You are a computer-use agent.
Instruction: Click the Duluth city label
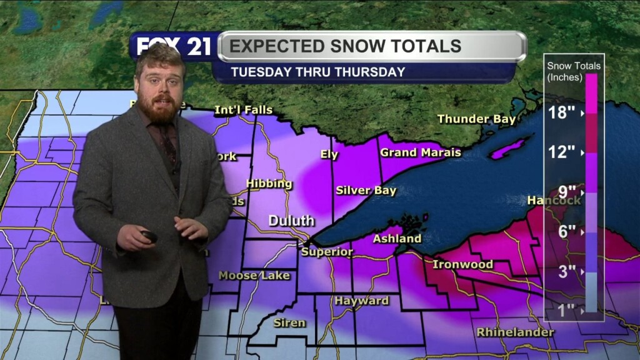(x=291, y=221)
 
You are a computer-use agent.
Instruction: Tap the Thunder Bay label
(x=476, y=119)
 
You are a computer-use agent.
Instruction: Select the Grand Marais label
(x=421, y=152)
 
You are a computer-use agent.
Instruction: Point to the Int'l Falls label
(x=243, y=110)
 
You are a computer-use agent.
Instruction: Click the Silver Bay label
(x=366, y=190)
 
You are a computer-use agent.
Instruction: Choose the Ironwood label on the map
(x=462, y=264)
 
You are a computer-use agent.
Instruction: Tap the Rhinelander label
(x=515, y=332)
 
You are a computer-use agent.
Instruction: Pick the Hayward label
(x=361, y=301)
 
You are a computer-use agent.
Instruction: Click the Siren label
(x=289, y=322)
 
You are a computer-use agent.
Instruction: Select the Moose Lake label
(x=254, y=275)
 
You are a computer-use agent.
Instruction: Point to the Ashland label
(x=397, y=238)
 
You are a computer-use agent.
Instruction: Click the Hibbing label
(x=269, y=184)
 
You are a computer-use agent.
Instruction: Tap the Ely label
(x=329, y=154)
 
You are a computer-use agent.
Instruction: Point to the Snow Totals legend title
(x=573, y=71)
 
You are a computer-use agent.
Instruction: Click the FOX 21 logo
(x=174, y=46)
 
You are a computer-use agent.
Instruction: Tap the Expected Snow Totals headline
(x=346, y=46)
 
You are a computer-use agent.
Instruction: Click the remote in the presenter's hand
(x=149, y=236)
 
